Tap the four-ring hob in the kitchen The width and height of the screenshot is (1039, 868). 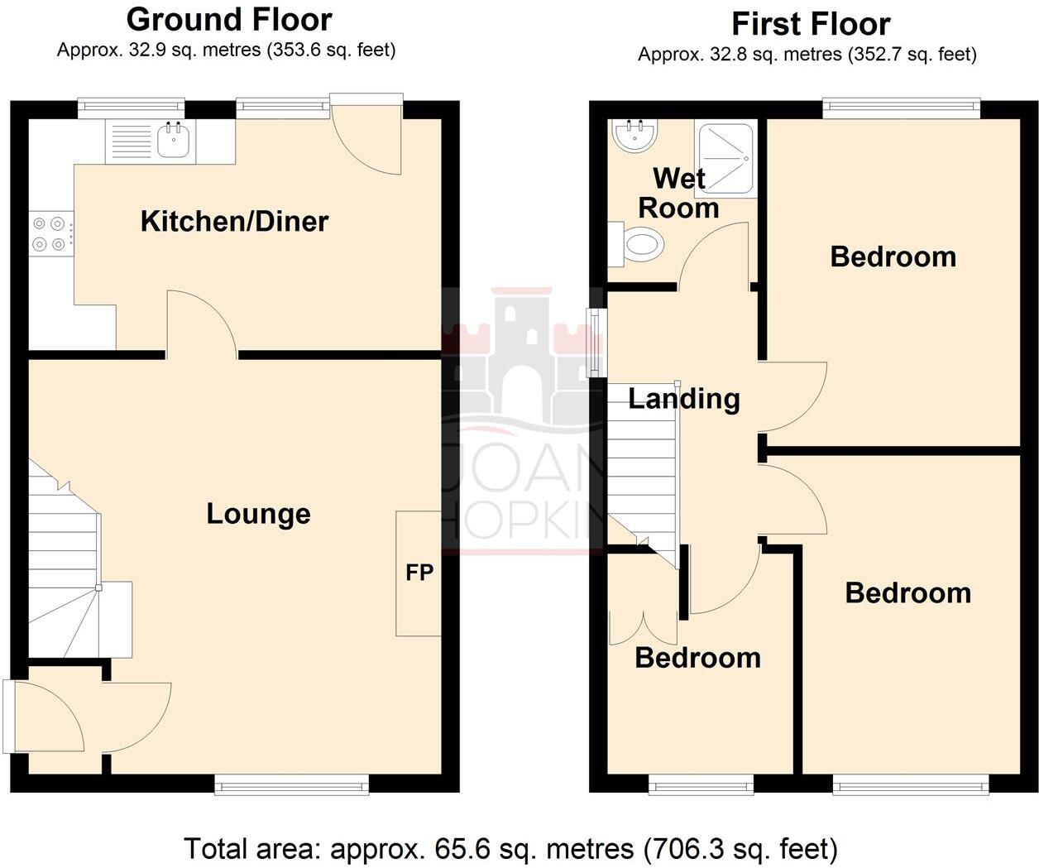[x=47, y=233]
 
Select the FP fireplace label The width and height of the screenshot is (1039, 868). [x=419, y=572]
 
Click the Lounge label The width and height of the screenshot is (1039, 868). [x=258, y=514]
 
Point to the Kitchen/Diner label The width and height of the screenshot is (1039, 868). [x=234, y=221]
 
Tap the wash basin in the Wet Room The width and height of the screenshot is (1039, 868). [x=635, y=135]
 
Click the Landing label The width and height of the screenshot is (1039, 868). [x=683, y=399]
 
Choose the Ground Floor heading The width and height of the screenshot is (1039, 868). [x=229, y=19]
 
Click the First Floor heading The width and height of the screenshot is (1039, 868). [x=811, y=24]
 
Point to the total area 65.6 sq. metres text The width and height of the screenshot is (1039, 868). [x=510, y=848]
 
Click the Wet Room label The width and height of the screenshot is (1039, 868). [x=678, y=193]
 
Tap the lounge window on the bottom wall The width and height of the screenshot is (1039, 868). [x=291, y=784]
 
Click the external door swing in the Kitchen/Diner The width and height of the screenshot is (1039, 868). [x=368, y=137]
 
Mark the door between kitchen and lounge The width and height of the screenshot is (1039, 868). [x=203, y=324]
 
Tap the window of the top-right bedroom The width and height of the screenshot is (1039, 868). [x=901, y=107]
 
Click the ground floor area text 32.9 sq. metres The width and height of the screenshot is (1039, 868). [x=226, y=50]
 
